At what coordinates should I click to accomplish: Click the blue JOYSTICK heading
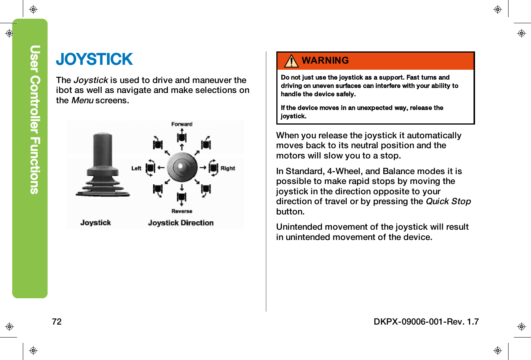94,59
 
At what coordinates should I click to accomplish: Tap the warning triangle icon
291,61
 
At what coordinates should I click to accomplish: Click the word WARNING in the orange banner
325,61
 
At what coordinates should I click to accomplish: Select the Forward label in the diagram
182,124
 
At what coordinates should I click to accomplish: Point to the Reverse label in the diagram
182,211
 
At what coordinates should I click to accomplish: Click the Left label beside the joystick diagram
136,168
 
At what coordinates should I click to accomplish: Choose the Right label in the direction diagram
228,168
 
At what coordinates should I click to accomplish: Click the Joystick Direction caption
180,223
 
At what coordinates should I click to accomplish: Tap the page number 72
57,322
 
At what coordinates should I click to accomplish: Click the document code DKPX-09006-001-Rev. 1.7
426,322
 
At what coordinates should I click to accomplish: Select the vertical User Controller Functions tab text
35,120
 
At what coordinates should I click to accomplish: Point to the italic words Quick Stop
448,202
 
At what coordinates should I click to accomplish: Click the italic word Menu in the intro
82,101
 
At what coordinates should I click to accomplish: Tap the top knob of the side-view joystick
103,138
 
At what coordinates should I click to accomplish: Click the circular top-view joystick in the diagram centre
182,167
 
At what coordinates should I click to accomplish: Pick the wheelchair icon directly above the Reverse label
182,197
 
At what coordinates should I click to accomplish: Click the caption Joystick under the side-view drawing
96,223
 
